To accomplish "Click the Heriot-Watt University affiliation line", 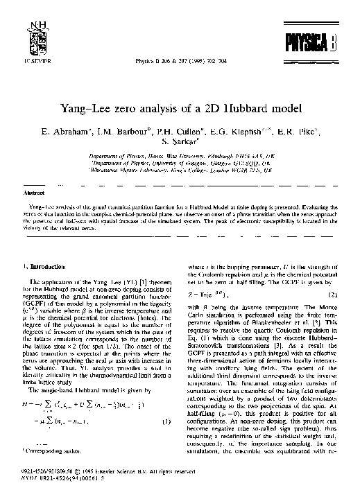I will coord(179,158).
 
